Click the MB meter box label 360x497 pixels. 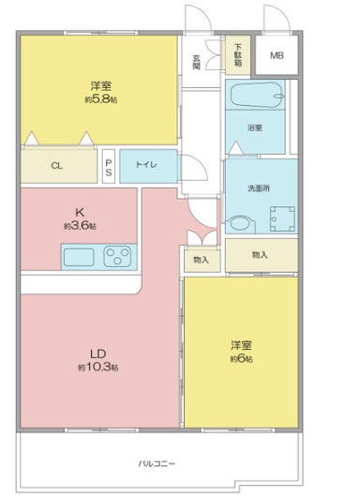[x=277, y=56]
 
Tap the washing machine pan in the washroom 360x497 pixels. [x=278, y=218]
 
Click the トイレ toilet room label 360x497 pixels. [x=145, y=164]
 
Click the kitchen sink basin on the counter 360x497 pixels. [x=81, y=254]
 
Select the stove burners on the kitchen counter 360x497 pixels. [x=120, y=254]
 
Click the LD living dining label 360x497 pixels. [x=97, y=354]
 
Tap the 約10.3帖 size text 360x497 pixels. [x=97, y=368]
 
